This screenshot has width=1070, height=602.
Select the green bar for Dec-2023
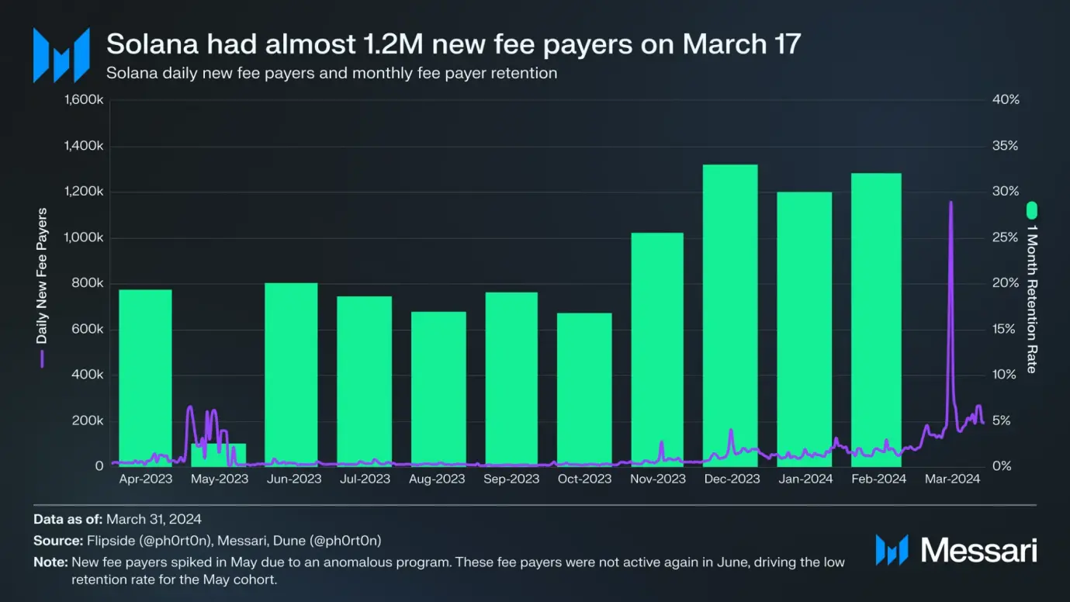tap(730, 314)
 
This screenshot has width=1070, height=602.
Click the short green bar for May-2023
tap(218, 454)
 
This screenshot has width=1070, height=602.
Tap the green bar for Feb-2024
tap(876, 319)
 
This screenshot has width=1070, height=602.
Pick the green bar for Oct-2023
tap(584, 389)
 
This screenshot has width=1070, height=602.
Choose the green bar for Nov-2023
tap(657, 348)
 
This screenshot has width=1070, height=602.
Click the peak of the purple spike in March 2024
tap(951, 202)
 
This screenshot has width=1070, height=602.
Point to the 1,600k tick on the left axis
tap(83, 101)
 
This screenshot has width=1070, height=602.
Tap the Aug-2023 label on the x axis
tap(438, 479)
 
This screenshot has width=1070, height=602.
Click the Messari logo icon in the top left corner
tap(61, 55)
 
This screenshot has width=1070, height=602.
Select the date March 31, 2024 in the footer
tap(154, 519)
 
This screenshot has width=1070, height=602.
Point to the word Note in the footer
tap(48, 562)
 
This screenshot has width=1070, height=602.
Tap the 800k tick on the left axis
tap(88, 284)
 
